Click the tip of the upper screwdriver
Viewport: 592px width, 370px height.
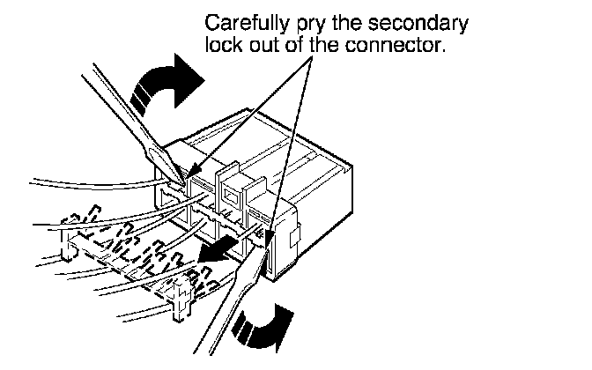point(184,180)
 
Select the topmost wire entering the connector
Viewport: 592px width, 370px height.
point(88,181)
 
